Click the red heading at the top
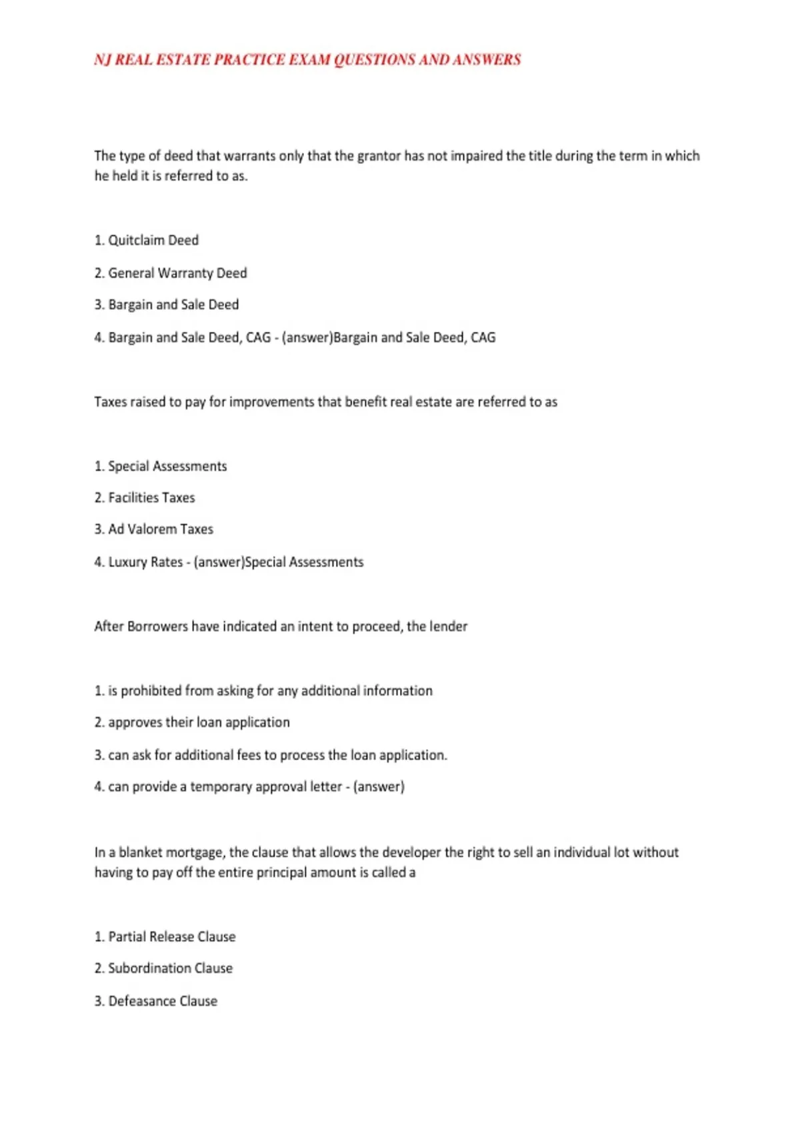pyautogui.click(x=307, y=60)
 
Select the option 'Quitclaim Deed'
pyautogui.click(x=153, y=241)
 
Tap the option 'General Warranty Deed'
pyautogui.click(x=177, y=273)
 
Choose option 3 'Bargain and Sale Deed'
pyautogui.click(x=173, y=305)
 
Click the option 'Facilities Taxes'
pyautogui.click(x=151, y=498)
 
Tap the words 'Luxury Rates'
pyautogui.click(x=145, y=562)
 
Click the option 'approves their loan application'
pyautogui.click(x=199, y=722)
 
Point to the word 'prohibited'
pyautogui.click(x=151, y=691)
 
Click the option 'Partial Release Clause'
pyautogui.click(x=172, y=937)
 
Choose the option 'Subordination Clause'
pyautogui.click(x=170, y=968)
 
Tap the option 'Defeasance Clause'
pyautogui.click(x=163, y=1001)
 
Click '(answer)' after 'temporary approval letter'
pyautogui.click(x=379, y=787)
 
